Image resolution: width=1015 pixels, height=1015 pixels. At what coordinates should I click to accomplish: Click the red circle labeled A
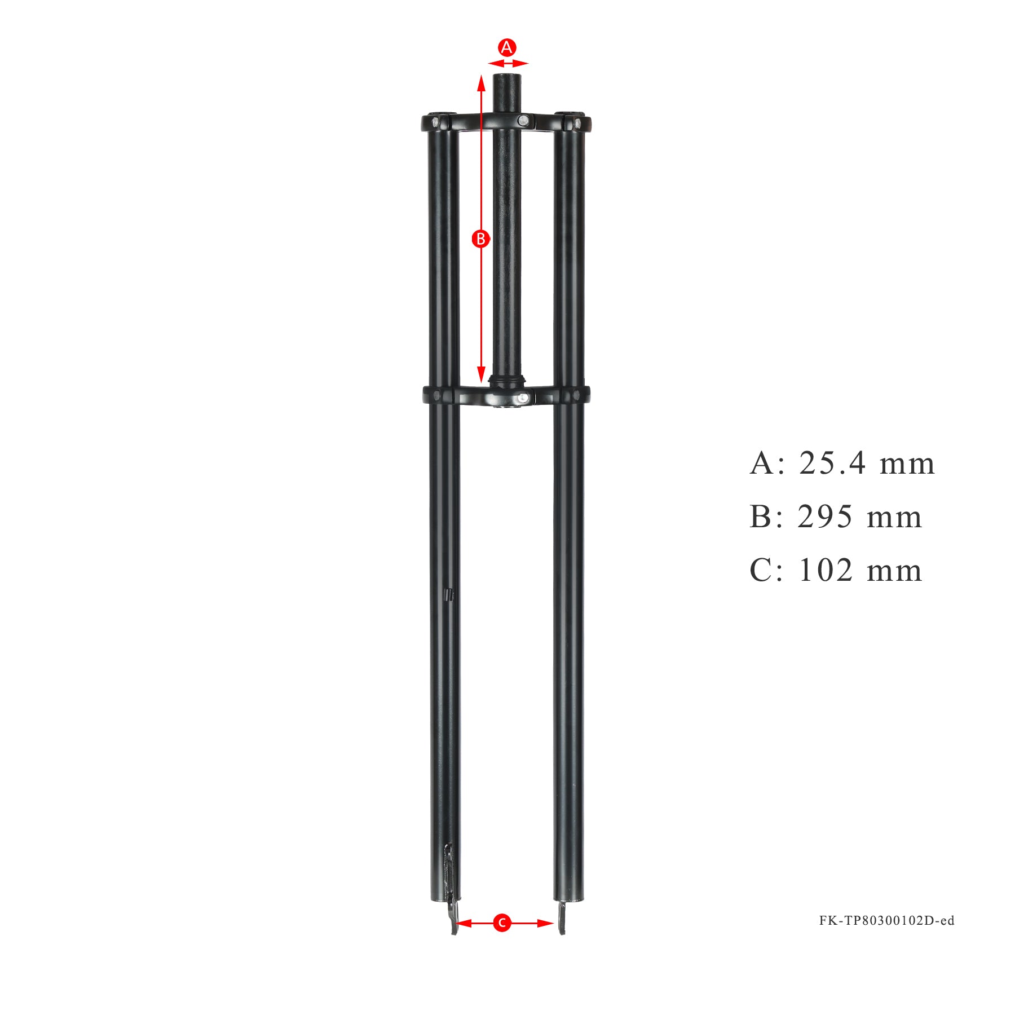click(506, 47)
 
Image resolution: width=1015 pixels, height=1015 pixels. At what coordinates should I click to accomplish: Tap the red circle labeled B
click(480, 239)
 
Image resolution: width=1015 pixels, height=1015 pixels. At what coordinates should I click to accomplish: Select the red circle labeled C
click(501, 923)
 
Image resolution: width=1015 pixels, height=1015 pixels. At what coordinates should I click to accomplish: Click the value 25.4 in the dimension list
click(832, 464)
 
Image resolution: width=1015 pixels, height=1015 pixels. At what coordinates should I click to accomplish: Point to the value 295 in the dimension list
click(824, 517)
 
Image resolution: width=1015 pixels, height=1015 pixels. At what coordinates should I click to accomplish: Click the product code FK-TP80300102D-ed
click(886, 921)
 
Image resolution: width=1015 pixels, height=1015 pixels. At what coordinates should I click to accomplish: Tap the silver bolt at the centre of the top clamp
click(524, 120)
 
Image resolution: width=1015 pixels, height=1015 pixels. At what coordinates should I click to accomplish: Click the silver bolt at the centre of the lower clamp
click(523, 399)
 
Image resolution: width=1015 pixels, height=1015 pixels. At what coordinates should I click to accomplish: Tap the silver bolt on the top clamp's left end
click(435, 121)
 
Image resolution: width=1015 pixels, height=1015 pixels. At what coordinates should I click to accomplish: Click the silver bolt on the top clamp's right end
click(577, 122)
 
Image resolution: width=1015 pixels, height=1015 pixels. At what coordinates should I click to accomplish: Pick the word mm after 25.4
click(907, 464)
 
